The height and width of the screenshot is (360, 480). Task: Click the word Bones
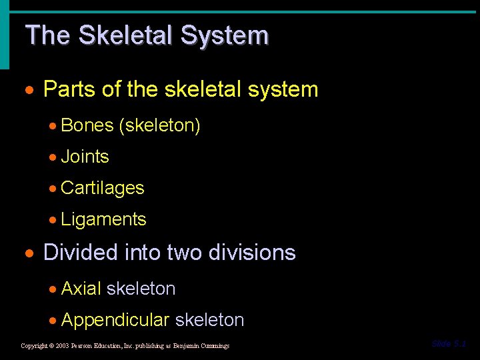[87, 125]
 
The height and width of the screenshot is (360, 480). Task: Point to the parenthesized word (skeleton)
[159, 125]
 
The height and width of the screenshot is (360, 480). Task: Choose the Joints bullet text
[85, 157]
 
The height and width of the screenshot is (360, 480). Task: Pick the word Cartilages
[102, 188]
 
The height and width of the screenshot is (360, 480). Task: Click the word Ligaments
[103, 219]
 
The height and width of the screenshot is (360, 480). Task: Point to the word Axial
[81, 289]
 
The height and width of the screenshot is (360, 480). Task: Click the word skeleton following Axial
[141, 289]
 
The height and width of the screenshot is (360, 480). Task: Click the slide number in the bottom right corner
[449, 344]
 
